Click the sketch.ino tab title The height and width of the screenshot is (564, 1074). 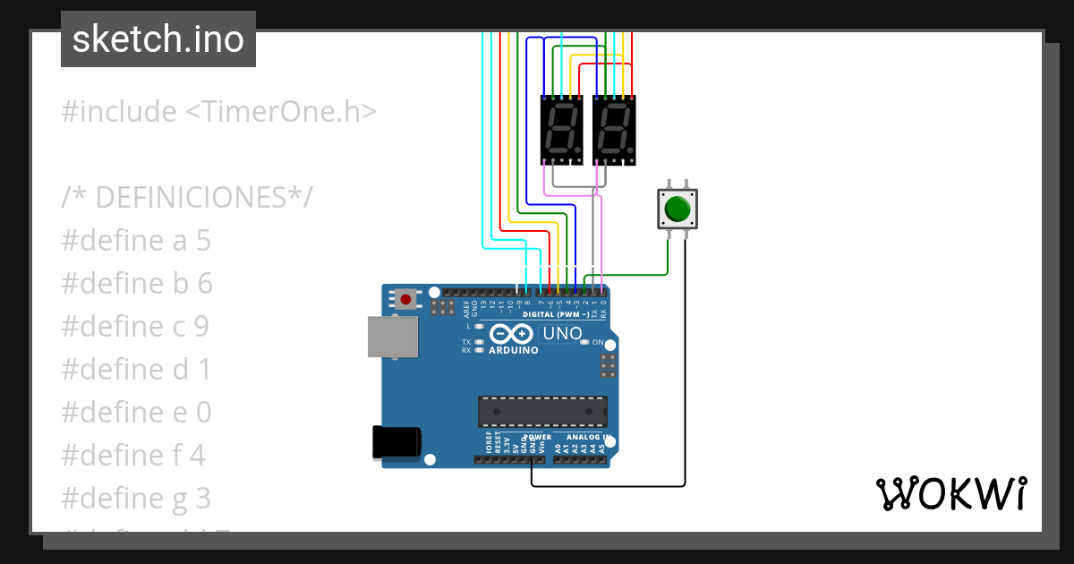(158, 39)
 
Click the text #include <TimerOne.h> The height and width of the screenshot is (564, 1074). (218, 112)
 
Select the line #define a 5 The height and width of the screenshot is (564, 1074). (136, 241)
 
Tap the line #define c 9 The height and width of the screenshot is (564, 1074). (136, 327)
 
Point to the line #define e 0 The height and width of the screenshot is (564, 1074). (136, 412)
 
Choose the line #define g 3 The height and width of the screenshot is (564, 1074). (136, 498)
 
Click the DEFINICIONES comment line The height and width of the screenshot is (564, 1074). (187, 197)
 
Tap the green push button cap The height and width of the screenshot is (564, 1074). (678, 209)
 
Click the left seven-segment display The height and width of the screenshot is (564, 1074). (562, 129)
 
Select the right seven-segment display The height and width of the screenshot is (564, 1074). (614, 129)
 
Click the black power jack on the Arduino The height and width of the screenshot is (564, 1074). (396, 442)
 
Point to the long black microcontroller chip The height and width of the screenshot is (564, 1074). (542, 411)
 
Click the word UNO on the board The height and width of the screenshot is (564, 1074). (563, 334)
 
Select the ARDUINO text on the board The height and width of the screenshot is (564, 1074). (514, 350)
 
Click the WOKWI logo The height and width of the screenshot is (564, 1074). (950, 493)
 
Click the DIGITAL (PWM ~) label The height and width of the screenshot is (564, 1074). (555, 315)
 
